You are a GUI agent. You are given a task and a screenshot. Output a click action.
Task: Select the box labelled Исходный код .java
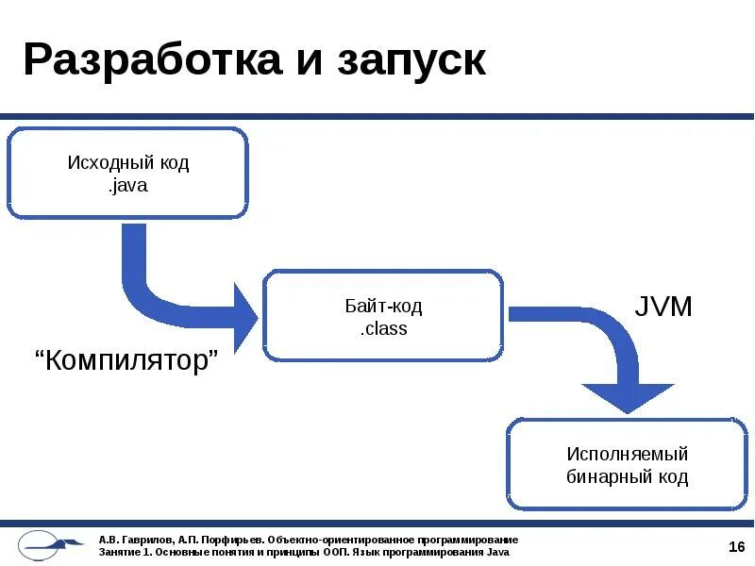point(127,174)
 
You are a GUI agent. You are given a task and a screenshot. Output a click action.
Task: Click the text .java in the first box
point(127,186)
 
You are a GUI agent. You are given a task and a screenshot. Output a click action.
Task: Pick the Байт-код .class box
point(382,316)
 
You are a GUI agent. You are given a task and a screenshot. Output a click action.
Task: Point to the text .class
point(383,329)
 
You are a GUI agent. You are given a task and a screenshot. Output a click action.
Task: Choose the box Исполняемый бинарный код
point(627,465)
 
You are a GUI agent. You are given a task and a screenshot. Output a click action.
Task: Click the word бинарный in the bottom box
point(606,477)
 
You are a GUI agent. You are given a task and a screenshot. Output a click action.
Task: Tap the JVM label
point(663,307)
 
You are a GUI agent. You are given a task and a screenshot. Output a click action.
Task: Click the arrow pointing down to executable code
point(604,358)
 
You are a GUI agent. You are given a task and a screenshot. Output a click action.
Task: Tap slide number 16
point(737,547)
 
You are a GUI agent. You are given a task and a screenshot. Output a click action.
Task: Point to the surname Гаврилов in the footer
point(144,540)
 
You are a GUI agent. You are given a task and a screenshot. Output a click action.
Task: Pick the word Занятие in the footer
point(119,552)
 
